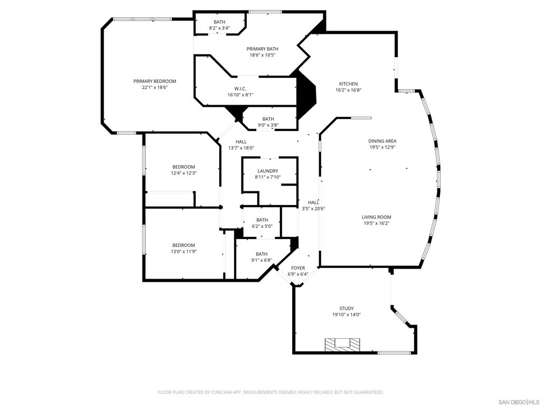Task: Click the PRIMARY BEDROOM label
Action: [154, 81]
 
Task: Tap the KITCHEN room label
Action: [348, 84]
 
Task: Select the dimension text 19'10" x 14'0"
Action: [347, 315]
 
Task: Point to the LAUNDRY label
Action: [268, 171]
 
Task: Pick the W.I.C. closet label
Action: [240, 88]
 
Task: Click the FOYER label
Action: [298, 268]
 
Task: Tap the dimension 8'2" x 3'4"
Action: [219, 28]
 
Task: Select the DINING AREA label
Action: [383, 141]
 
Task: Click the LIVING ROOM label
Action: [376, 217]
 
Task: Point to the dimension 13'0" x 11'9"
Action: [183, 252]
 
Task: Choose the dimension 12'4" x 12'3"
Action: [183, 173]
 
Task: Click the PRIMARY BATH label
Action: [263, 49]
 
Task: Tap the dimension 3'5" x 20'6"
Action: [313, 209]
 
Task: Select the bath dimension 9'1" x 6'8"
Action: [262, 260]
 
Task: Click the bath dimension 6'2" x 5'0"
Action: [262, 226]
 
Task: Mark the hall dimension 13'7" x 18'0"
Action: [241, 148]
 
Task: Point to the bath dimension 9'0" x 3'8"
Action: [268, 125]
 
